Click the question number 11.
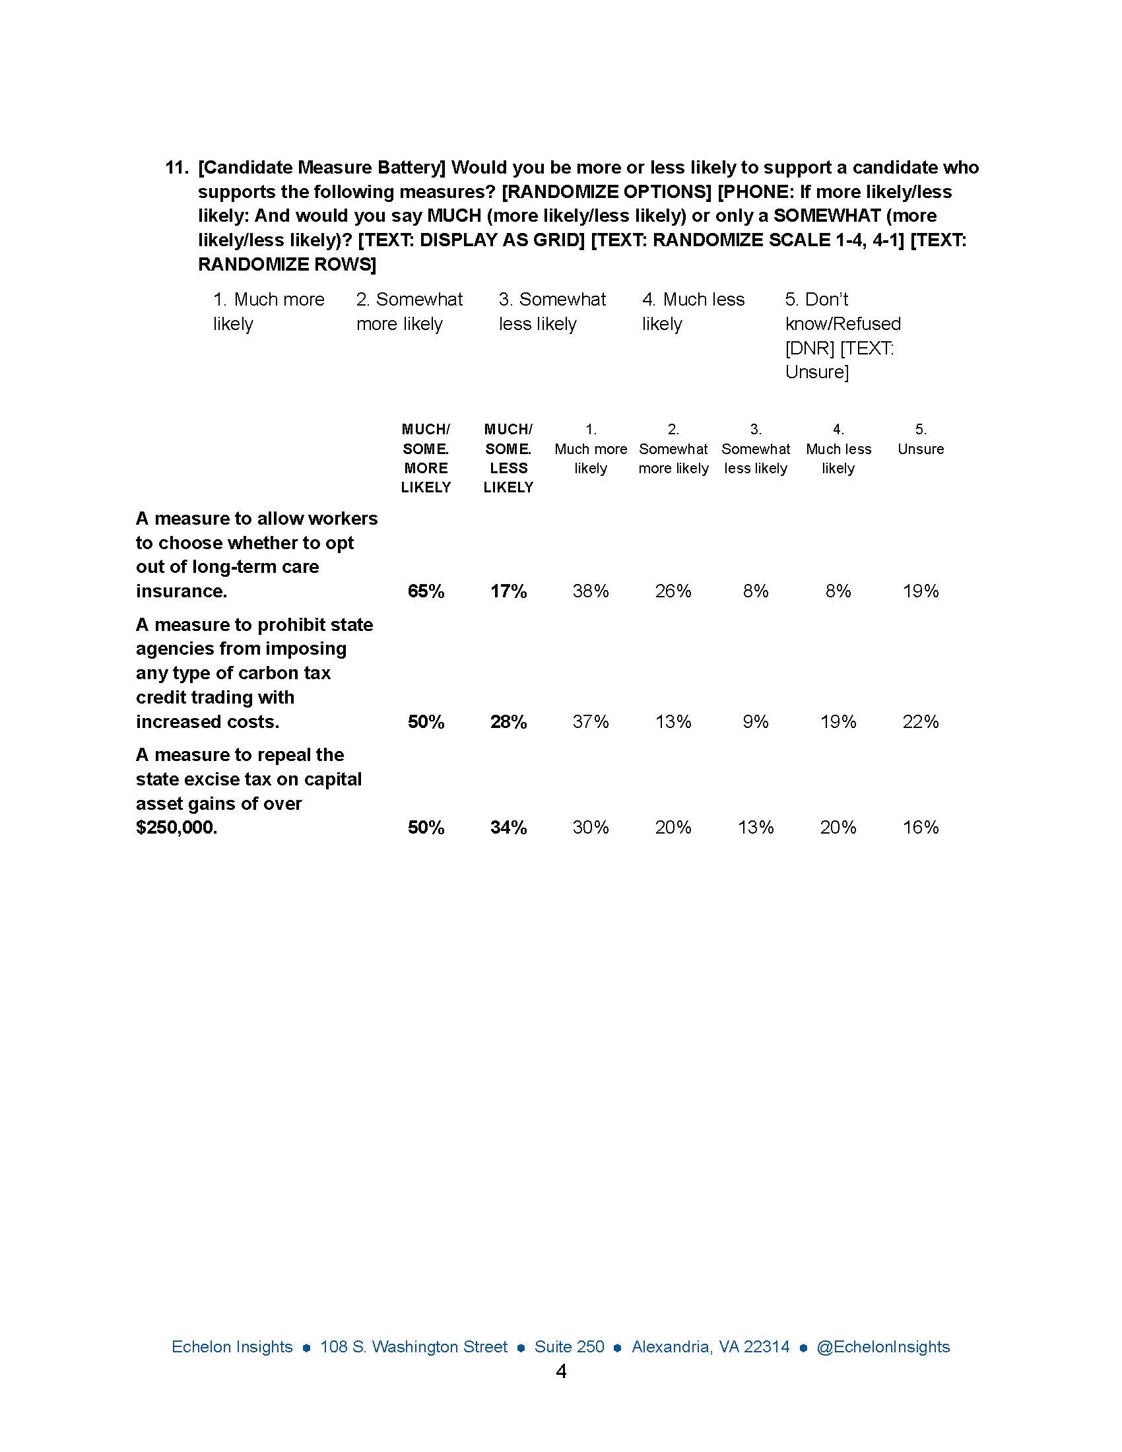click(176, 168)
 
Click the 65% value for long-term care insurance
click(426, 591)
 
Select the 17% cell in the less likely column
click(508, 591)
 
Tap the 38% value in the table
click(590, 591)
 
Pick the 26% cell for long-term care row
click(673, 591)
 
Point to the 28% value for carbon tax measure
click(508, 721)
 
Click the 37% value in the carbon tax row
click(590, 721)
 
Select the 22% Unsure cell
click(920, 721)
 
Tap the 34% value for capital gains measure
click(508, 827)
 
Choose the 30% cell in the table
click(590, 827)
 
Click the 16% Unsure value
click(920, 827)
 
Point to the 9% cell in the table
click(755, 721)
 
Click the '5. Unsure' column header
click(920, 440)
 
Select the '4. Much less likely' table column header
click(838, 449)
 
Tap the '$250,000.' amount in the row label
click(176, 828)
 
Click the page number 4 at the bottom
click(561, 1371)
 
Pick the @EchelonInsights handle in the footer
click(882, 1347)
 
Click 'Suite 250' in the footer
click(569, 1347)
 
